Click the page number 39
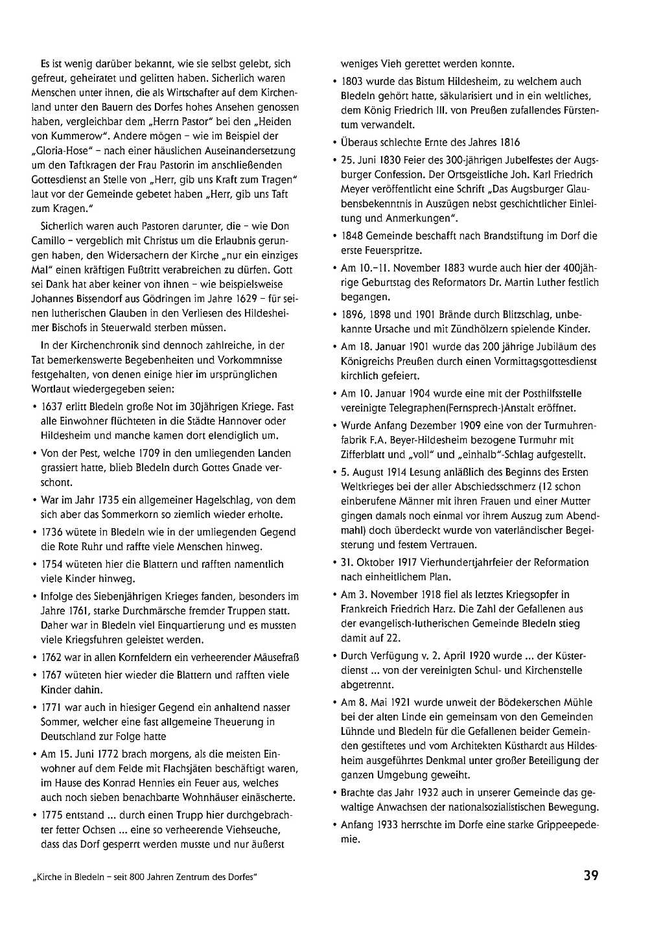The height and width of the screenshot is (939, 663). [x=590, y=875]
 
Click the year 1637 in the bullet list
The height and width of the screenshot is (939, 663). [x=52, y=407]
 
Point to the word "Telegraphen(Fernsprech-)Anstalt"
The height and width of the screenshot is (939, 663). [x=415, y=408]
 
